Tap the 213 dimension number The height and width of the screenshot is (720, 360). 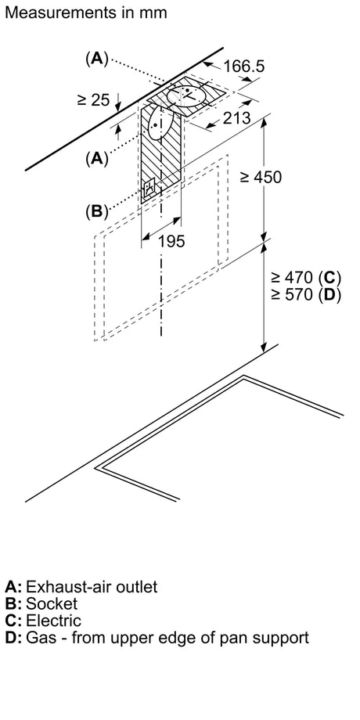pyautogui.click(x=237, y=118)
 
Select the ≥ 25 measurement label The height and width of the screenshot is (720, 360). pyautogui.click(x=94, y=99)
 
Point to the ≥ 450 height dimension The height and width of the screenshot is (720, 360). pyautogui.click(x=261, y=176)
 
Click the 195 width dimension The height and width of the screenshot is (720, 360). pyautogui.click(x=171, y=241)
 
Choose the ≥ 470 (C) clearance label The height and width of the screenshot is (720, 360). pyautogui.click(x=306, y=278)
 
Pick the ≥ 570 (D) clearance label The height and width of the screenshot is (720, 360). pyautogui.click(x=306, y=294)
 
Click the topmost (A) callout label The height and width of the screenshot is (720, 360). pyautogui.click(x=96, y=59)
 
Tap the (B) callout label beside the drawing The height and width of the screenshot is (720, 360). pyautogui.click(x=96, y=211)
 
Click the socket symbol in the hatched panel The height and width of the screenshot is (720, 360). pyautogui.click(x=150, y=189)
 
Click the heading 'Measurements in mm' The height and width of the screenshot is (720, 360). pyautogui.click(x=86, y=13)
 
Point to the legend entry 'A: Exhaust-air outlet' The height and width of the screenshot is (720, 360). pyautogui.click(x=81, y=586)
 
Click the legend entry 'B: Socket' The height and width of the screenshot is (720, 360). pyautogui.click(x=41, y=603)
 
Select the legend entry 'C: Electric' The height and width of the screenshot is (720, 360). pyautogui.click(x=43, y=621)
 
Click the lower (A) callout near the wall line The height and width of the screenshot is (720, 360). pyautogui.click(x=96, y=158)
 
